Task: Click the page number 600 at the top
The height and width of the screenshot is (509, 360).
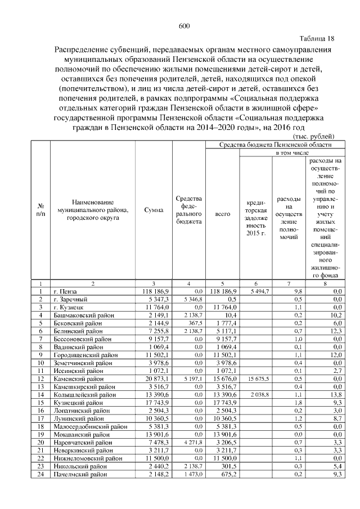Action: click(184, 26)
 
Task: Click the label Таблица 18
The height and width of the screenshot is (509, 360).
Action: click(317, 39)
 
